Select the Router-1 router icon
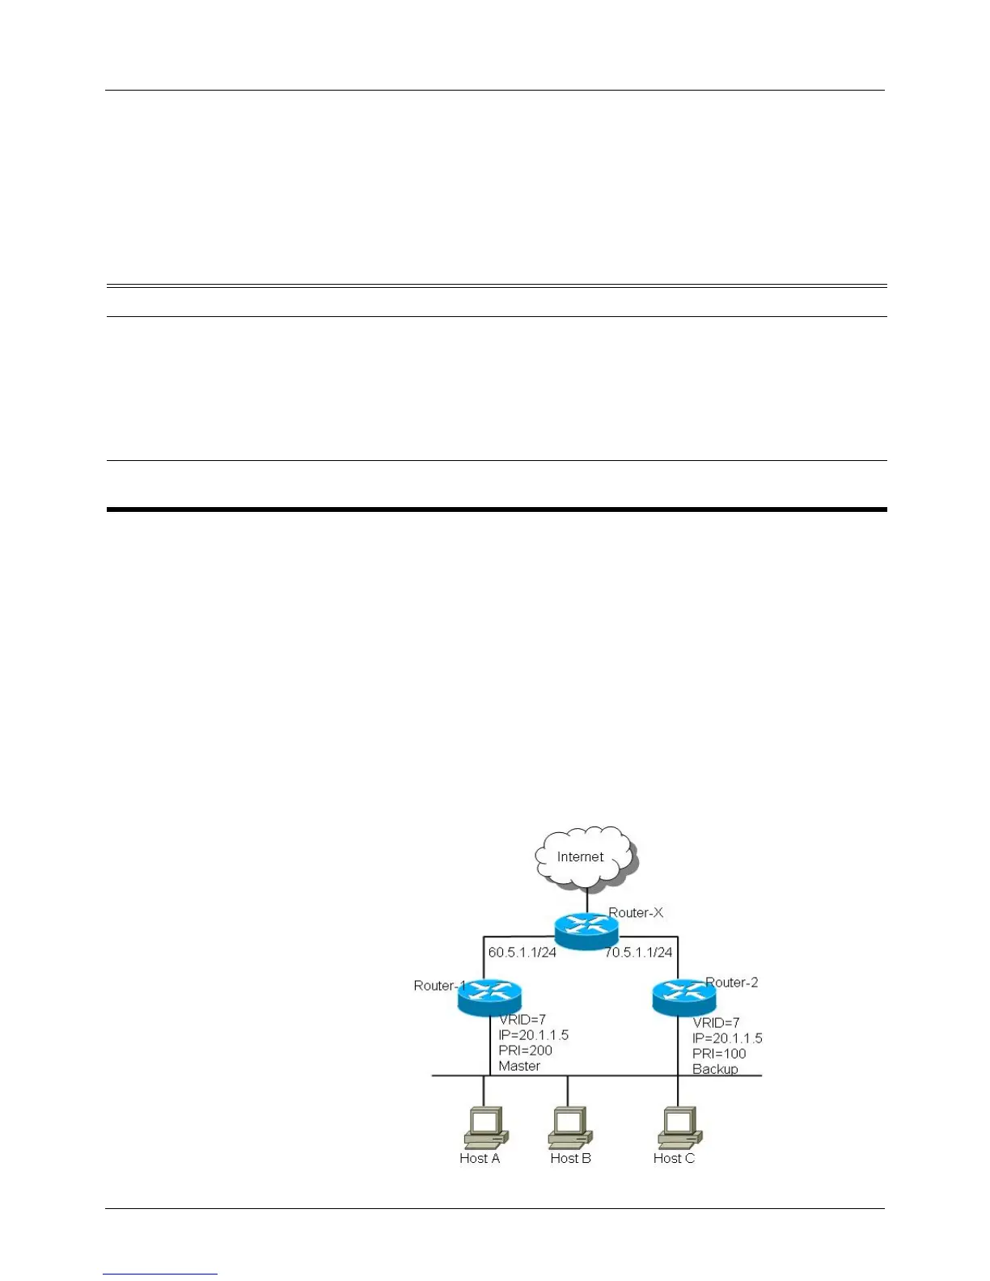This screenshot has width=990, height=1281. coord(490,997)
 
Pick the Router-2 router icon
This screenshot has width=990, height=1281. coord(684,998)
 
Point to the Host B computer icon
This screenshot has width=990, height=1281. coord(569,1127)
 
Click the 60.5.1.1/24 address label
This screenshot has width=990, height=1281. coord(522,952)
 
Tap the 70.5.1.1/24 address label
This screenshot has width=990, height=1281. coord(639,952)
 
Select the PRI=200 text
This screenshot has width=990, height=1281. coord(525,1051)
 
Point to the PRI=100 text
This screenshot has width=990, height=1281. coord(719,1054)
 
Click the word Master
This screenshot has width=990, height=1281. coord(519,1066)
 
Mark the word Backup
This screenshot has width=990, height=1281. coord(715,1069)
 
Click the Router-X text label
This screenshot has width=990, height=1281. coord(636,912)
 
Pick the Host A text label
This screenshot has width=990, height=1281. coord(480,1158)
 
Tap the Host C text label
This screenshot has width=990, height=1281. coord(674,1158)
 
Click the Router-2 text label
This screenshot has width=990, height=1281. coord(732,983)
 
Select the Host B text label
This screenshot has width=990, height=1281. coord(570,1158)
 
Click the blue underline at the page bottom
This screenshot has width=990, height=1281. coord(160,1274)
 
